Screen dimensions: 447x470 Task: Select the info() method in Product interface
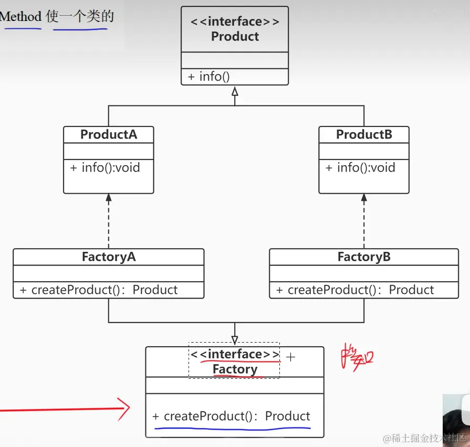[x=208, y=77]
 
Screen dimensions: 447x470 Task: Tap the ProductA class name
[x=109, y=135]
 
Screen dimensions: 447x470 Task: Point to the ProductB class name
[x=364, y=135]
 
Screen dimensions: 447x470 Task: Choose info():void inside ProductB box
[x=360, y=168]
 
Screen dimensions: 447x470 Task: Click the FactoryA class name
[x=109, y=257]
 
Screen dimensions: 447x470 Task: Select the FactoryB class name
[x=364, y=257]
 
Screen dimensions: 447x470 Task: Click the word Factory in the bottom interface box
[x=235, y=369]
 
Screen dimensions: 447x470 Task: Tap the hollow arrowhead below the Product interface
[x=235, y=91]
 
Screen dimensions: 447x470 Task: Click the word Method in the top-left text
[x=20, y=17]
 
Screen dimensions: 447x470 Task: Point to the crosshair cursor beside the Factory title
[x=290, y=357]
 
